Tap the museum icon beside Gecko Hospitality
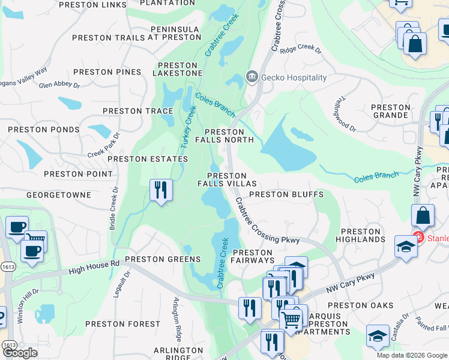[252, 77]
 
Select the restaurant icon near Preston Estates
[161, 190]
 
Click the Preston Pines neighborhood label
[107, 72]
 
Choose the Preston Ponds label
[45, 130]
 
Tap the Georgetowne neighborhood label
[59, 195]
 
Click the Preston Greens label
[162, 259]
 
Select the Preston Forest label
[122, 323]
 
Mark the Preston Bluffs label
[286, 194]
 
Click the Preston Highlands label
[363, 235]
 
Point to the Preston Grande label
[391, 111]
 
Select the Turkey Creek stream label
[188, 128]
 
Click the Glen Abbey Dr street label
[59, 85]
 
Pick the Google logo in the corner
[20, 353]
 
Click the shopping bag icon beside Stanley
[423, 216]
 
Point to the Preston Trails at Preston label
[137, 38]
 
